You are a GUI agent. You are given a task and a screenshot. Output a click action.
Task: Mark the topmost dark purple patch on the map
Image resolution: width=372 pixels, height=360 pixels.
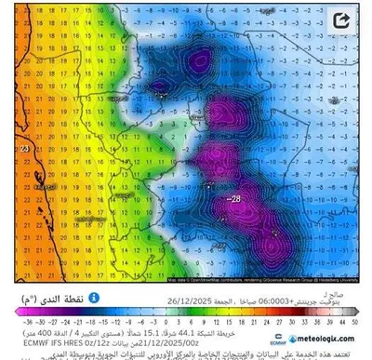(197, 61)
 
